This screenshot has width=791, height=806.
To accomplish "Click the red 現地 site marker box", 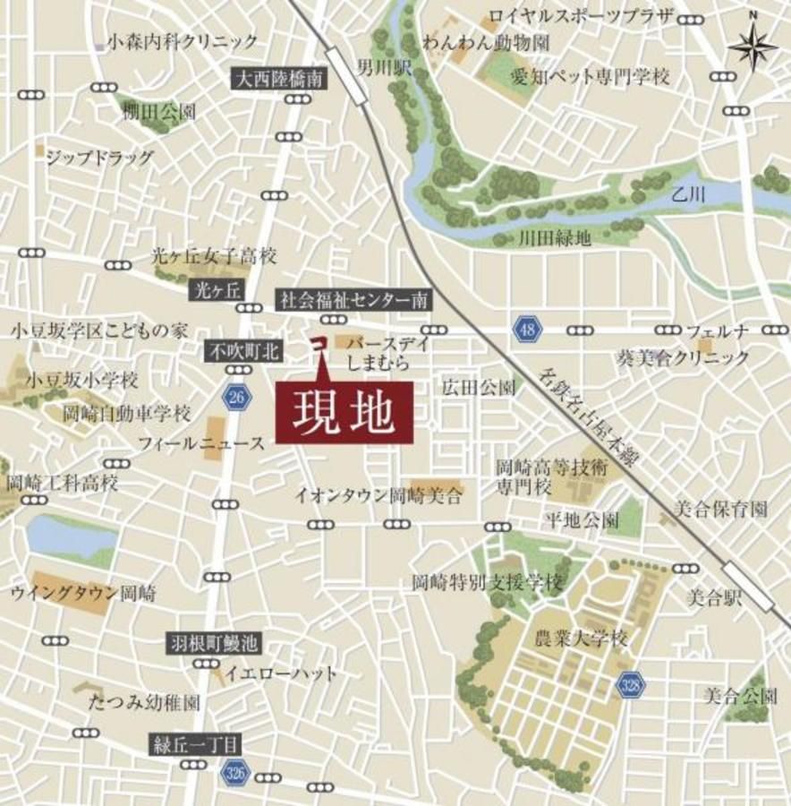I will tap(344, 411).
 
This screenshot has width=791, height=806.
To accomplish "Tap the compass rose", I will tap(753, 47).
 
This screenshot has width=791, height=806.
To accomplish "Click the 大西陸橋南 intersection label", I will tap(279, 80).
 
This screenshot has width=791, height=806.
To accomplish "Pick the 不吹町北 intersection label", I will tap(244, 352).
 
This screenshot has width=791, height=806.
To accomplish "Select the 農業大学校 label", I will tap(582, 639).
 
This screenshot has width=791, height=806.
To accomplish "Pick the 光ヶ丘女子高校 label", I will tap(214, 255).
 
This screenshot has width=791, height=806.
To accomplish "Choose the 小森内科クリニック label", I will tap(182, 41).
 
